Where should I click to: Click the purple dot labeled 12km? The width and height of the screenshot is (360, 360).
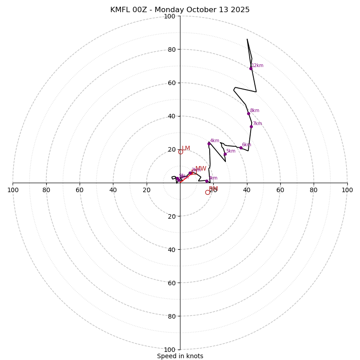click(x=251, y=68)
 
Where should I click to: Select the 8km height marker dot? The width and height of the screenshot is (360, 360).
click(x=248, y=113)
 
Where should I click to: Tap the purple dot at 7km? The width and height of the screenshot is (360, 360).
click(x=251, y=126)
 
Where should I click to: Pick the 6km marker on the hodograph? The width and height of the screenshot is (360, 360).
click(x=241, y=148)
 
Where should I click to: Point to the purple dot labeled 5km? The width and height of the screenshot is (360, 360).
click(x=225, y=154)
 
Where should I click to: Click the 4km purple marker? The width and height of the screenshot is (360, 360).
click(x=209, y=144)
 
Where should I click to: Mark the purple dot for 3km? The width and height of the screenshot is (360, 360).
click(x=207, y=181)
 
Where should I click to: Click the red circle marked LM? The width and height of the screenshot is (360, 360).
click(x=180, y=152)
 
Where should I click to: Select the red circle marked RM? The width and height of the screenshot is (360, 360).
click(x=207, y=192)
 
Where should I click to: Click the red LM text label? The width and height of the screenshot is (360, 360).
click(x=186, y=148)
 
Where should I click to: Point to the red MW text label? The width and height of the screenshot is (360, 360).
click(x=201, y=169)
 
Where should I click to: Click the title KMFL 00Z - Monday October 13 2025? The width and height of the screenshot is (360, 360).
click(x=180, y=10)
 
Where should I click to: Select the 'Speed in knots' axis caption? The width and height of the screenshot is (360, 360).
click(x=180, y=356)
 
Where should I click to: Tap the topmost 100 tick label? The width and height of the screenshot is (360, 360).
click(x=170, y=17)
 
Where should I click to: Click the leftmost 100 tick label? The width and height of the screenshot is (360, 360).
click(x=13, y=190)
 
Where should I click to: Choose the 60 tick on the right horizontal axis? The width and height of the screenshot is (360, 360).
click(x=280, y=190)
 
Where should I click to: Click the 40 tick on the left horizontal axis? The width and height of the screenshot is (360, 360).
click(x=113, y=190)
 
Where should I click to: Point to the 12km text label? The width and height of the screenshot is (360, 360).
click(x=257, y=66)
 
